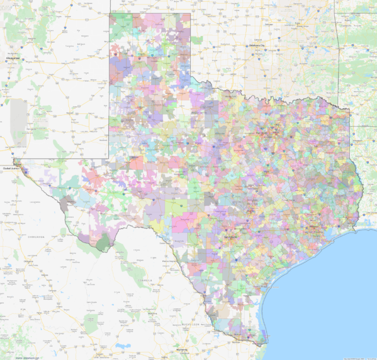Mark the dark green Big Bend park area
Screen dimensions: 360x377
pyautogui.click(x=100, y=242)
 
